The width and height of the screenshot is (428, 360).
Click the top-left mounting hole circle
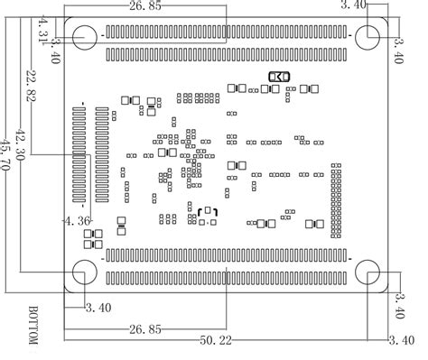tap(84, 37)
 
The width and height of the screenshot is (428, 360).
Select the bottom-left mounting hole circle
tap(84, 272)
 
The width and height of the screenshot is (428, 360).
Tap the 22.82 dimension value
tap(32, 87)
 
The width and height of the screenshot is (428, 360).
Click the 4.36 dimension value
tap(76, 219)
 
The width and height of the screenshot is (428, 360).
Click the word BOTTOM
tap(33, 325)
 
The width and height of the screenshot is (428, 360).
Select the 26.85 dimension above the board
tap(145, 6)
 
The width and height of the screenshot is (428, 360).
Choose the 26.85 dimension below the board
tap(145, 328)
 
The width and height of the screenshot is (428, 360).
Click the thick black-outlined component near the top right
tap(277, 78)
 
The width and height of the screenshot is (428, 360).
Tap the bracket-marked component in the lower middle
tap(207, 213)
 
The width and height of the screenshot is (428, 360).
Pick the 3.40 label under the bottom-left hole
tap(98, 308)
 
